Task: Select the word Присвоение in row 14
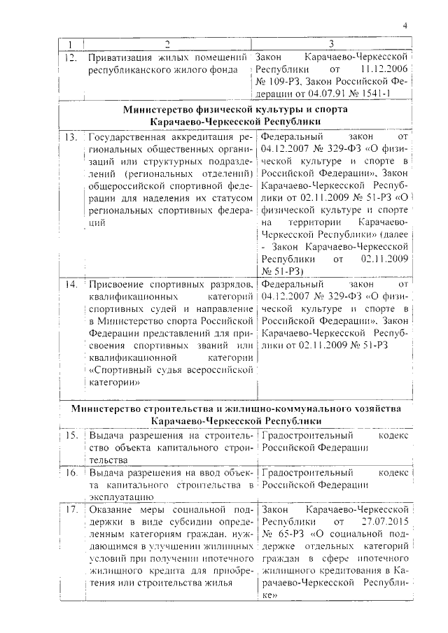[115, 285]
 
